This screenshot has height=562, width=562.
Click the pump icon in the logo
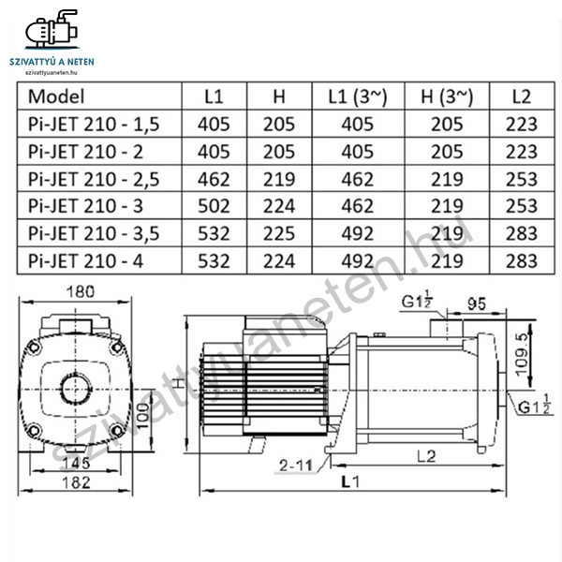point(52,28)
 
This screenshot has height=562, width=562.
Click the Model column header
point(56,96)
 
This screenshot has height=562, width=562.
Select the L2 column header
point(522,96)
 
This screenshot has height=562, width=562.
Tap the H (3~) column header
point(447,96)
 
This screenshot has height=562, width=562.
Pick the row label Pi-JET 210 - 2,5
point(94,179)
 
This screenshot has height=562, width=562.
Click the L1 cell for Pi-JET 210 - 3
point(214,206)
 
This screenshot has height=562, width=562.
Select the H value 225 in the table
point(279,233)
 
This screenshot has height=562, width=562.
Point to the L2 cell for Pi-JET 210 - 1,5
point(522,125)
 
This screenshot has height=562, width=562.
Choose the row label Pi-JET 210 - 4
point(85,261)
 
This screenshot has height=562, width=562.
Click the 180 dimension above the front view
point(81,291)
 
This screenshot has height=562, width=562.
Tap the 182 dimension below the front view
point(77,482)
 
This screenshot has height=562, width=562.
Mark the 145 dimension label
point(76,464)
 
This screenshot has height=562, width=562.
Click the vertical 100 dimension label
point(142,416)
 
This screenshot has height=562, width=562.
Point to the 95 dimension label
point(477,303)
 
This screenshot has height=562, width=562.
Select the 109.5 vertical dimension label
point(522,355)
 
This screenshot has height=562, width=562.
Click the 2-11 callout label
point(296,466)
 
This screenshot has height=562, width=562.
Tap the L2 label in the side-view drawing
point(426,456)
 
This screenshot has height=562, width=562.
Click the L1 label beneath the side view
point(350,482)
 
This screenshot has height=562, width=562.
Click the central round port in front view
point(76,390)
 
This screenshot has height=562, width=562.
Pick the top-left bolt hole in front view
point(34,347)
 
